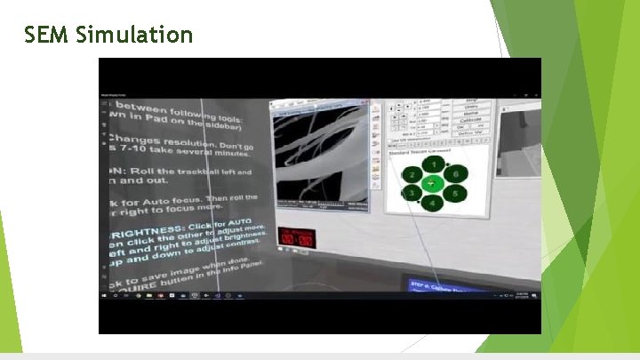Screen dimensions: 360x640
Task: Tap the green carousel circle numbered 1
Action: click(432, 164)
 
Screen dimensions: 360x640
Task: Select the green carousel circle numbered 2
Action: click(413, 176)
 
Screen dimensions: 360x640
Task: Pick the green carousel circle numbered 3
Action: click(412, 193)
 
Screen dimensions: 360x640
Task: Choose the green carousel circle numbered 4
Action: click(433, 204)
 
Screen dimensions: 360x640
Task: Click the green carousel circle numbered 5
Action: click(454, 193)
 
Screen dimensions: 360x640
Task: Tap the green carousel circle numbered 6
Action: click(454, 175)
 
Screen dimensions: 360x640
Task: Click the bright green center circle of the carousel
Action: click(433, 183)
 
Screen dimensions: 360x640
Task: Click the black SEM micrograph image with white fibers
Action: click(319, 156)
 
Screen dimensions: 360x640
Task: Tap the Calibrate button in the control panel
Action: click(471, 122)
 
